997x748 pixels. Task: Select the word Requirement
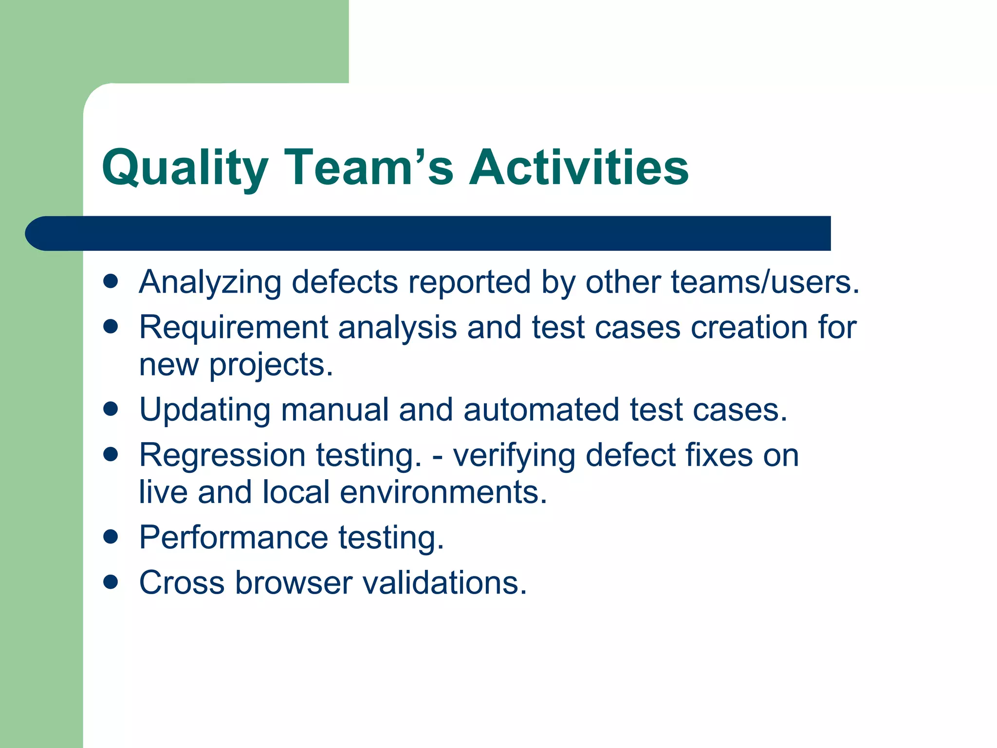234,327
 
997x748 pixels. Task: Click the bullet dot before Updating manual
111,409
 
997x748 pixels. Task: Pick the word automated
541,410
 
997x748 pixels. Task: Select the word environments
443,492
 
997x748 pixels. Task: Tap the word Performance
234,538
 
